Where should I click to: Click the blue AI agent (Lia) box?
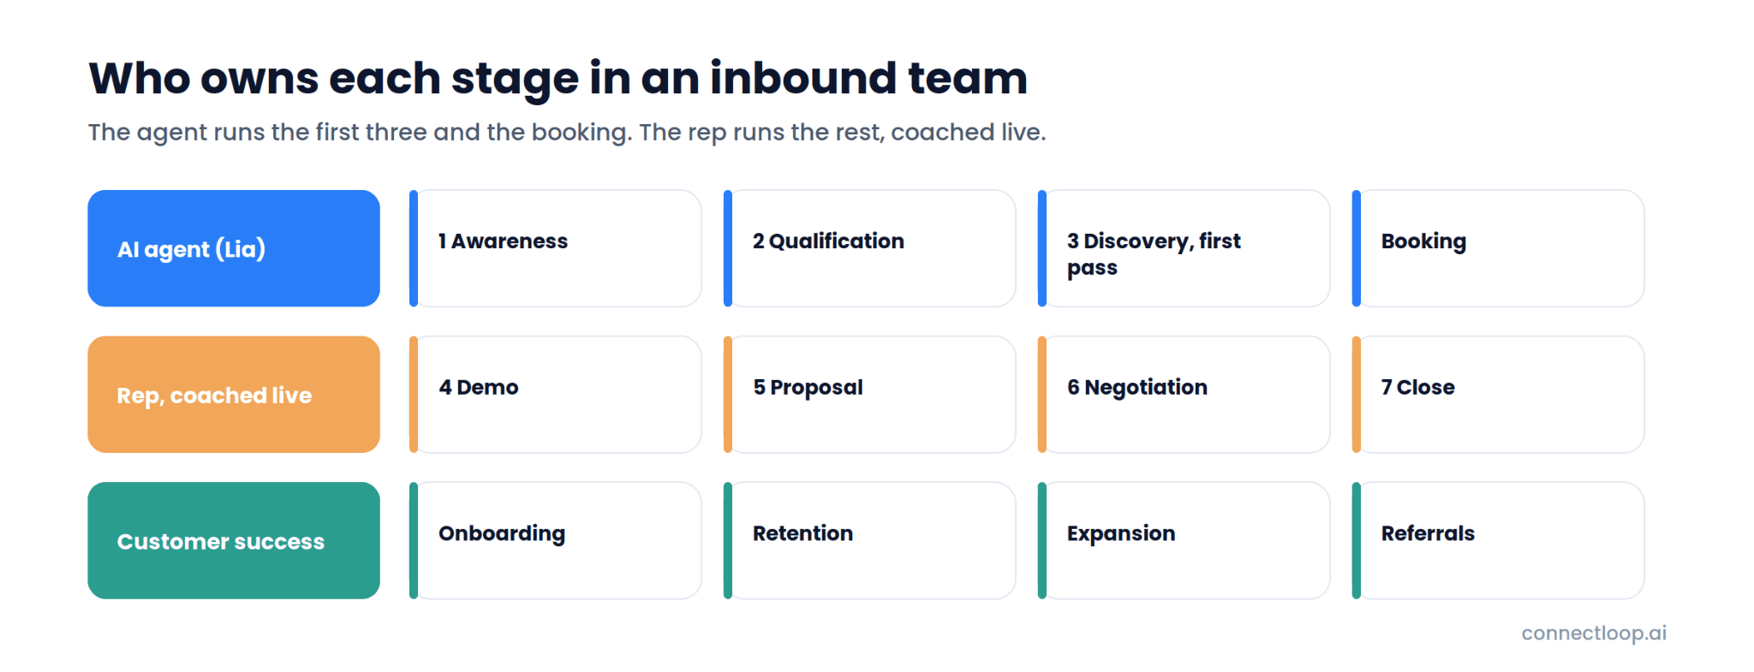point(234,248)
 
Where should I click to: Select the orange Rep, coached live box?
point(234,395)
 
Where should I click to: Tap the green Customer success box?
point(234,540)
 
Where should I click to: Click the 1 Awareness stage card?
point(556,248)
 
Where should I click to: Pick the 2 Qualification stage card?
point(870,248)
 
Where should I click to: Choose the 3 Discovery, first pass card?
point(1184,248)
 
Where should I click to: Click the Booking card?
point(1499,248)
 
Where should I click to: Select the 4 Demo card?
point(556,395)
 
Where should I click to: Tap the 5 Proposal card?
point(870,395)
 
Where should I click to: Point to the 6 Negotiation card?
point(1184,395)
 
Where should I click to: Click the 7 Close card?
point(1499,395)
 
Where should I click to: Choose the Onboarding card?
point(556,540)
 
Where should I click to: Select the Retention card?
point(870,540)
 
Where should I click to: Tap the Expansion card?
point(1184,540)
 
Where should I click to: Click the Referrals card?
point(1499,540)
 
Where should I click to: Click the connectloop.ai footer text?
point(1594,633)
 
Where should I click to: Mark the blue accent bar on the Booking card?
point(1357,248)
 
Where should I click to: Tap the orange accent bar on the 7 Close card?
point(1357,395)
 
